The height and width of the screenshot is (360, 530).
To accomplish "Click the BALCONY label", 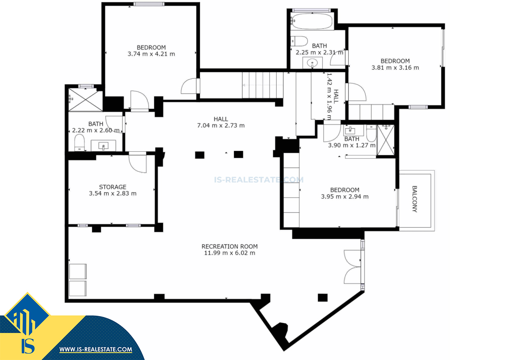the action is point(414,199).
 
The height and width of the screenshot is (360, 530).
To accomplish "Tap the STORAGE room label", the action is point(113,187).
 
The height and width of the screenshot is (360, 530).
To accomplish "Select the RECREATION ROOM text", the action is point(230,246).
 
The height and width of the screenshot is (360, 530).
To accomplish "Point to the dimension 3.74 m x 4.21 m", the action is point(151,54).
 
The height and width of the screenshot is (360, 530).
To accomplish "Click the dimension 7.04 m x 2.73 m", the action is point(221,125).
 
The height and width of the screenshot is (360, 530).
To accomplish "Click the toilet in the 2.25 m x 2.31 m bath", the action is point(299,41).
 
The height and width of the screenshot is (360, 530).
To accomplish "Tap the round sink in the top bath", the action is point(312,63).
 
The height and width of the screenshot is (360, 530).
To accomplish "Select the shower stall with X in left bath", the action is point(86,99).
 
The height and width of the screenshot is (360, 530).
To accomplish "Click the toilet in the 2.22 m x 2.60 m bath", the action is point(79,142).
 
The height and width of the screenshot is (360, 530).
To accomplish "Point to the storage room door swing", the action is point(138,163).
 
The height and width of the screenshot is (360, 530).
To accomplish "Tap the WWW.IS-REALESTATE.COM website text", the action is point(96,349).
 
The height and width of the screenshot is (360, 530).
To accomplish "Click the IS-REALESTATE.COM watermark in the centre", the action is point(259,180).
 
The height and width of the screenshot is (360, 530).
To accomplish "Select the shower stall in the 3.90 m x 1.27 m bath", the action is point(386,140).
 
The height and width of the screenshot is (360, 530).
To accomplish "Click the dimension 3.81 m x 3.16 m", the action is point(395,68).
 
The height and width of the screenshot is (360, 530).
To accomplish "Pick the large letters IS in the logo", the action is point(28,346).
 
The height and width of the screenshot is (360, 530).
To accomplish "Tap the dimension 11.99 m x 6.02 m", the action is point(230,253).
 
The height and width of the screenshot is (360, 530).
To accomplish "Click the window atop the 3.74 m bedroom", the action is point(149,4).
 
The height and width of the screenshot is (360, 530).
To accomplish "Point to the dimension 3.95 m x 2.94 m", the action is point(345,196).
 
